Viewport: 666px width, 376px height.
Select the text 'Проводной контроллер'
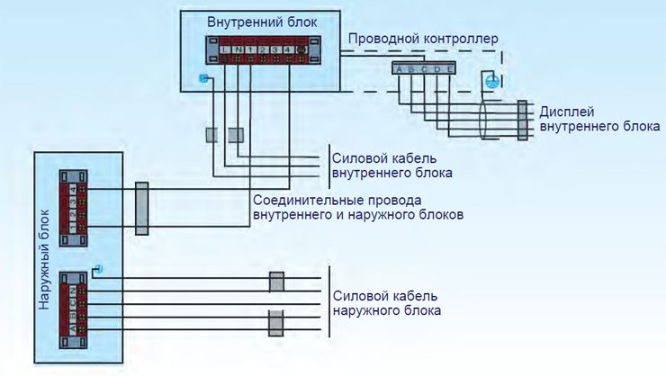pos(422,40)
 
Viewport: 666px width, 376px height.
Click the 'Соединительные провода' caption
pos(337,201)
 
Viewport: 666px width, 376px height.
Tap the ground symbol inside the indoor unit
pos(203,77)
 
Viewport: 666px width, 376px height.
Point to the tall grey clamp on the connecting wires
pos(141,209)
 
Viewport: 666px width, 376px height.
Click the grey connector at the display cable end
pos(522,121)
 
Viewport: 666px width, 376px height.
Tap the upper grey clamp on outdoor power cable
pos(276,282)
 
